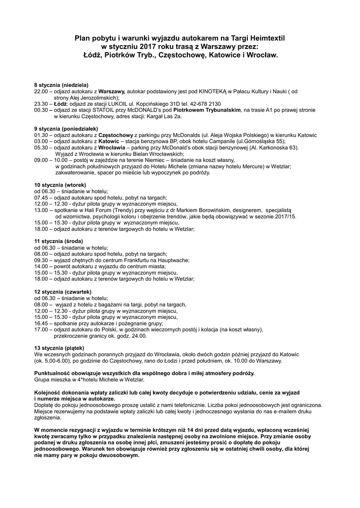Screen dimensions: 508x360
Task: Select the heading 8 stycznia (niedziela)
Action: click(x=61, y=85)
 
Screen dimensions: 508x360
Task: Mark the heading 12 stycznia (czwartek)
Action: click(x=63, y=292)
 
